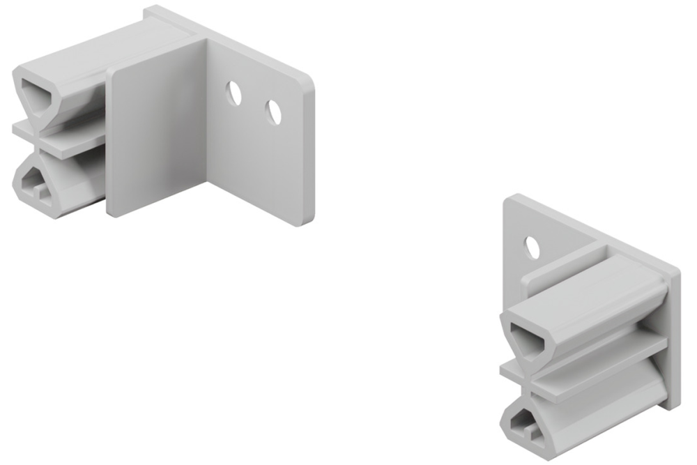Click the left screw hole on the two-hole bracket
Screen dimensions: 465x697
[x=235, y=93]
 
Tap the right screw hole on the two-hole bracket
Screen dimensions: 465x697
[x=273, y=112]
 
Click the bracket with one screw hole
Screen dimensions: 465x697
[x=585, y=328]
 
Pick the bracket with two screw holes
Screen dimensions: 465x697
[x=167, y=119]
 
